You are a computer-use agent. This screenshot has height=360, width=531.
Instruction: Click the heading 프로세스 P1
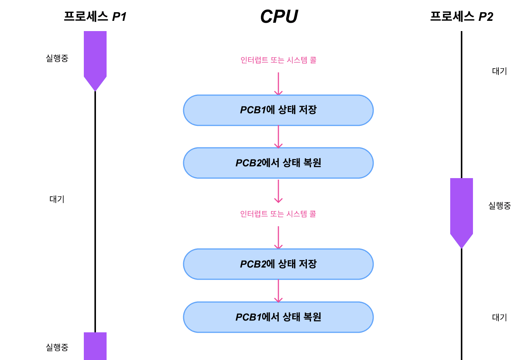click(x=95, y=16)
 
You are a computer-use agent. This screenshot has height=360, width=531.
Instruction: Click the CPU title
click(x=279, y=16)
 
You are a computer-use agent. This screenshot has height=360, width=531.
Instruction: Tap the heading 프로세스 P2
click(x=462, y=16)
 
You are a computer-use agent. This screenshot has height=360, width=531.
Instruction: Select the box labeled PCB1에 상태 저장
click(x=278, y=110)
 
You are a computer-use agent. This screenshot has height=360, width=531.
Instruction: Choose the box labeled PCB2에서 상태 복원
click(x=278, y=163)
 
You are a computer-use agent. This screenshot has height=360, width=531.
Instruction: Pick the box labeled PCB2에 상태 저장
click(x=278, y=264)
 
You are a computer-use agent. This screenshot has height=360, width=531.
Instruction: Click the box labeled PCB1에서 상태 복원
click(x=278, y=317)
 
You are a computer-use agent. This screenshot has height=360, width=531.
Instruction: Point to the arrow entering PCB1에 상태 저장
click(x=278, y=83)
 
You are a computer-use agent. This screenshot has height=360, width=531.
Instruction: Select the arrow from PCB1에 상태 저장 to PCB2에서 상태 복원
click(x=278, y=136)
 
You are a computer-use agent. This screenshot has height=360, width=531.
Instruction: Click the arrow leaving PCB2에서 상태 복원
click(x=278, y=191)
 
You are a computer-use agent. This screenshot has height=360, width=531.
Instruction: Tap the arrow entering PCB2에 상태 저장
click(x=278, y=238)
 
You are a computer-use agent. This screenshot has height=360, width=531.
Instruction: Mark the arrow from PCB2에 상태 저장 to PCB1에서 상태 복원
click(x=278, y=291)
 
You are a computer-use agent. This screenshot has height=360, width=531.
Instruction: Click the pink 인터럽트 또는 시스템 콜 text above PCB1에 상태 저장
click(x=278, y=60)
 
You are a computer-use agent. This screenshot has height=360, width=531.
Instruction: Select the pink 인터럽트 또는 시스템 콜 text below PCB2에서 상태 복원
click(x=278, y=214)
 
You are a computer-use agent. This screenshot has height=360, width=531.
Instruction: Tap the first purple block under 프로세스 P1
click(x=95, y=57)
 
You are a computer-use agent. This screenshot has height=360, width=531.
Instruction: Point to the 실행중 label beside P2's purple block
click(x=500, y=206)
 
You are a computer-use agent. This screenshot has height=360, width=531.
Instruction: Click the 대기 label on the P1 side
click(x=57, y=199)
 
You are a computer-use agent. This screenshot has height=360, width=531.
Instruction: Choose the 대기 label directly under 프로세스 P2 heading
click(x=500, y=71)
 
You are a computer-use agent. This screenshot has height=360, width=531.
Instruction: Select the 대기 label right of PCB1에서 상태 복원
click(x=500, y=318)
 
